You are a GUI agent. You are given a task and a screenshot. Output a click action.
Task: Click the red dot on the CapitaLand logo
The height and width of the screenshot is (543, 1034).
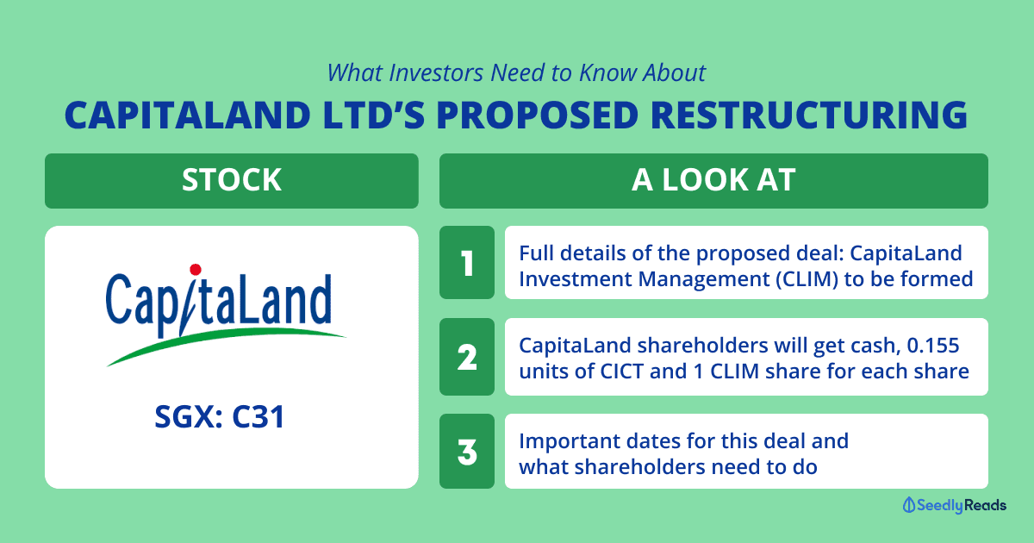coord(196,270)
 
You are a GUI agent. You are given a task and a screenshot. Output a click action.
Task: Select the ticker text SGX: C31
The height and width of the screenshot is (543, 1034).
coord(219,416)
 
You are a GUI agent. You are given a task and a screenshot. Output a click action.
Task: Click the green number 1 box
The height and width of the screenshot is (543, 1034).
coord(467,262)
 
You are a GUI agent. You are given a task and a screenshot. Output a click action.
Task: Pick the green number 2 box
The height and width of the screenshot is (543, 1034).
coord(467,357)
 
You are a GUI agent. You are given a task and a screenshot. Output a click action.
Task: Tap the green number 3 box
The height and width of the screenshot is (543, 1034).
coord(467,451)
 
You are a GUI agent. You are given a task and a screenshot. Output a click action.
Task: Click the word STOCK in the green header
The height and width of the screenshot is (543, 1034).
coord(232,179)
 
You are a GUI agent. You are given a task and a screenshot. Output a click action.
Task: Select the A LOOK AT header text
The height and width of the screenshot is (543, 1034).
coord(713,179)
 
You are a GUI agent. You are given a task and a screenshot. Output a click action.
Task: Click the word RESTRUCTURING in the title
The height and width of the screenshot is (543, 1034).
coord(809,115)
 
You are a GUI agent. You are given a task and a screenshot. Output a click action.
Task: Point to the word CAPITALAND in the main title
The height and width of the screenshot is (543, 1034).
coord(188,115)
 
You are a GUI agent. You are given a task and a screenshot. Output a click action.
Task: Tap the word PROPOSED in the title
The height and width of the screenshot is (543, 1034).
coord(537,115)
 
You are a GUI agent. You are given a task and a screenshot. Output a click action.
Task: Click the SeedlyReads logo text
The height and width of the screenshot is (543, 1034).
coord(962,505)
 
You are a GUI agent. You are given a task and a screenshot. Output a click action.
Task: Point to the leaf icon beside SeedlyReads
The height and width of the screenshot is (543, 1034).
coord(908,505)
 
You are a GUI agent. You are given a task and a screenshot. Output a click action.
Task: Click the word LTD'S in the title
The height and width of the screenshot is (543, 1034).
coord(373,115)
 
